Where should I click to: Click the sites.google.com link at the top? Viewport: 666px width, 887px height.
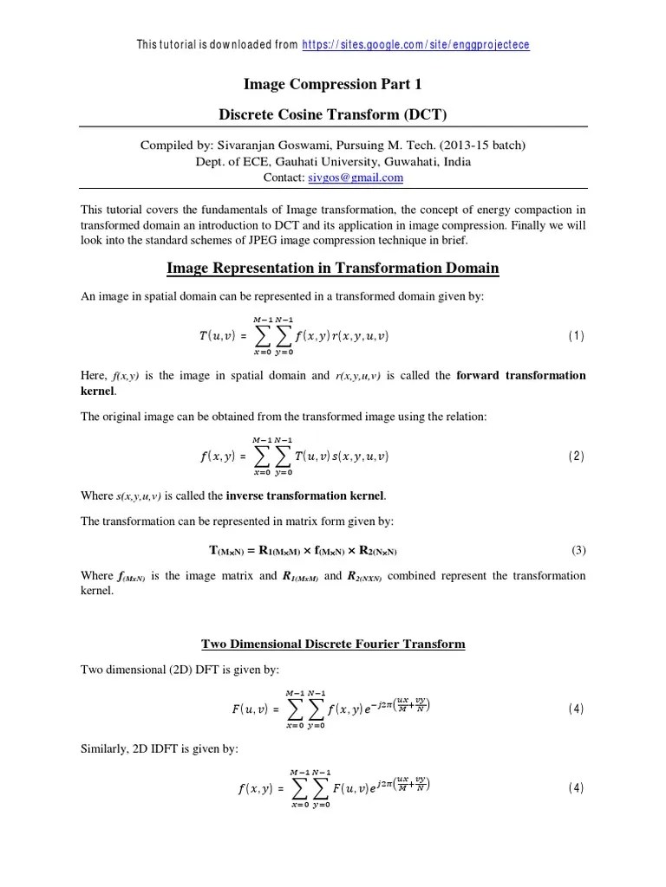coord(415,44)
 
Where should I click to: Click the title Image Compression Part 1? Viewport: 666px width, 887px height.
coord(333,84)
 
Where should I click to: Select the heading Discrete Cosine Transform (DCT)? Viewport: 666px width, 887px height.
coord(333,114)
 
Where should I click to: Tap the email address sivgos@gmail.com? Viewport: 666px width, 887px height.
coord(356,178)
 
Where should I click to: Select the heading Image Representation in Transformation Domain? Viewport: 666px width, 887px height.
coord(333,269)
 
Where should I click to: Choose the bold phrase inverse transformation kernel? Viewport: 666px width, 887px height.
coord(305,496)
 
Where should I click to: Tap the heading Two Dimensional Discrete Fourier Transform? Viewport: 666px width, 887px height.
coord(333,644)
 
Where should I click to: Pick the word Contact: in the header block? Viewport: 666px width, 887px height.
coord(284,178)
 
